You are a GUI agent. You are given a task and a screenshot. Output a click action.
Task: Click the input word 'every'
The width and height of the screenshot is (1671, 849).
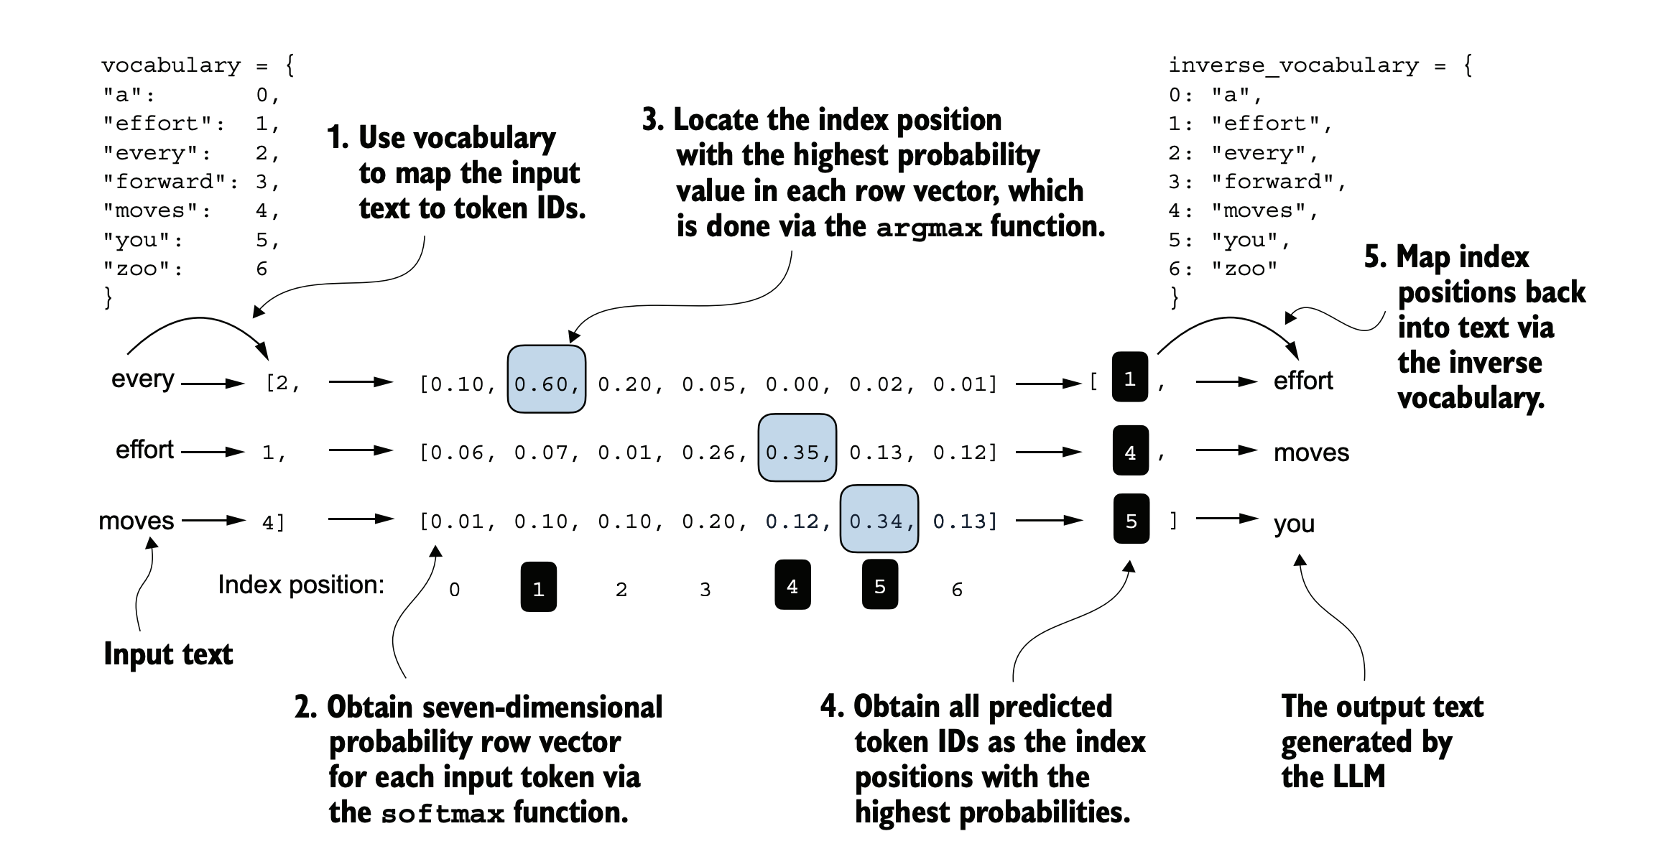point(142,379)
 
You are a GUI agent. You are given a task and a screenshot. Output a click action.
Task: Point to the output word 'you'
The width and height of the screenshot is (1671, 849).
point(1294,524)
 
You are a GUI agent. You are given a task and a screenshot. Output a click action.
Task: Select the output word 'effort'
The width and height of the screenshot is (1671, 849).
point(1303,380)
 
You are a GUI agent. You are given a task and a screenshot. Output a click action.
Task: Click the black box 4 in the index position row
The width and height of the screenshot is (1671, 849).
point(792,585)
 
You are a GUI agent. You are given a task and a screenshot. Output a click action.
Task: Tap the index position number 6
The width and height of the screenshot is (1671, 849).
point(957,590)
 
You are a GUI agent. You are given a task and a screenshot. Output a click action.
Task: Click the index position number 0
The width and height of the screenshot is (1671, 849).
point(454,590)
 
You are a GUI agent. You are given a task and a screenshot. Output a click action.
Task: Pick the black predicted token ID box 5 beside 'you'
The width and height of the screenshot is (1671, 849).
point(1131,519)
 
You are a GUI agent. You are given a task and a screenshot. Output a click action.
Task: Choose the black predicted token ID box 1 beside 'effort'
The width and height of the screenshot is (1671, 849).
point(1130,377)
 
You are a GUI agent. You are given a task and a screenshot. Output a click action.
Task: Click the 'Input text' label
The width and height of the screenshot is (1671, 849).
point(168,654)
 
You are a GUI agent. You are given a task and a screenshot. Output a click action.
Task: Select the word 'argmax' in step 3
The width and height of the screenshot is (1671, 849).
point(929,228)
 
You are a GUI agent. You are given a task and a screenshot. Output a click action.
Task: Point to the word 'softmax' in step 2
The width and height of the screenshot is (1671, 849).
point(443,814)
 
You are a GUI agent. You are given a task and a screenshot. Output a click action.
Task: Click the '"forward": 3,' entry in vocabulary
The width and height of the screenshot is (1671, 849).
point(191,182)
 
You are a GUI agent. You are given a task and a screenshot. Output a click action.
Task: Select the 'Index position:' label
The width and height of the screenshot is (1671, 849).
point(301,585)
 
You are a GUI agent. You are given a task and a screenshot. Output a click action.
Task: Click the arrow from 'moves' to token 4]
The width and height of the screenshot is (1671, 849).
point(214,520)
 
